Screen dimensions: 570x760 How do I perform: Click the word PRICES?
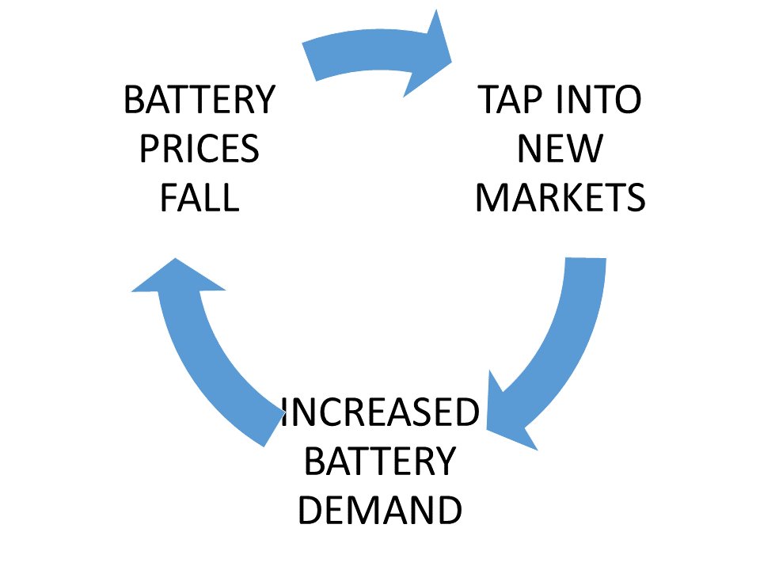coord(199,149)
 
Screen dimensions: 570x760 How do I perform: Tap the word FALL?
coord(199,198)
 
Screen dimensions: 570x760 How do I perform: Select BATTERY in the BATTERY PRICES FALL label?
coord(199,101)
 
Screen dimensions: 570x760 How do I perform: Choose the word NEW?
coord(560,149)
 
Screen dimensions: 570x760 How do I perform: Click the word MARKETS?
coord(560,198)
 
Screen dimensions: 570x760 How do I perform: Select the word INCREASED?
coord(381,413)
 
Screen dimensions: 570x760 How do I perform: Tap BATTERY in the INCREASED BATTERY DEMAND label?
coord(381,462)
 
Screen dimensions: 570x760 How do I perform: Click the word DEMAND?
coord(381,511)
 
